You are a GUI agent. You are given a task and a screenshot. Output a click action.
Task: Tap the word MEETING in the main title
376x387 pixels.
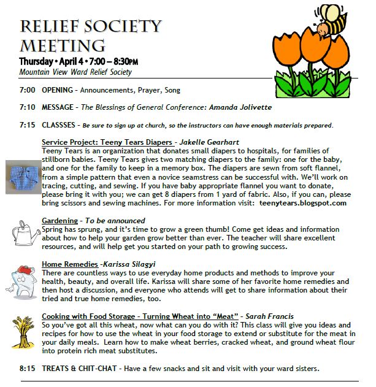click(x=62, y=45)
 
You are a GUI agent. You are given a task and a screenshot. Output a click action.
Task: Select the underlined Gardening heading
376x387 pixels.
click(x=61, y=220)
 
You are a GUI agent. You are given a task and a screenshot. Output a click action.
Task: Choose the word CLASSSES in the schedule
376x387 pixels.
click(x=59, y=125)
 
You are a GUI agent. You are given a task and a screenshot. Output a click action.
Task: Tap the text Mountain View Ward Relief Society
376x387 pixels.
click(x=75, y=72)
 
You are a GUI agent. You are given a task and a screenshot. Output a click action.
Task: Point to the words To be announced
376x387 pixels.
click(x=115, y=220)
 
